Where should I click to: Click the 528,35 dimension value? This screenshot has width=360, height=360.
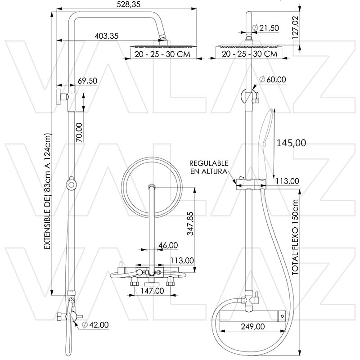tap(128, 4)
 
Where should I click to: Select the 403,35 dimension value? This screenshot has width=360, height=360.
tap(107, 36)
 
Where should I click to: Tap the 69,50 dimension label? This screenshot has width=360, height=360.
tap(87, 81)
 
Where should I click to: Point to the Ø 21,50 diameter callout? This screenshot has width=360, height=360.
tap(265, 28)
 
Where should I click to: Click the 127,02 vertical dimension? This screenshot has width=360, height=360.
tap(295, 27)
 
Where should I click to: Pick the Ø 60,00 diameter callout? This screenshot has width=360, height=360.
tap(273, 80)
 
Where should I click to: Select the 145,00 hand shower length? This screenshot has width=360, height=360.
tap(291, 143)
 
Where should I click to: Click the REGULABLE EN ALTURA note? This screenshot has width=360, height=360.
tap(209, 167)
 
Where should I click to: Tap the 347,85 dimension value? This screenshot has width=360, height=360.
tap(190, 224)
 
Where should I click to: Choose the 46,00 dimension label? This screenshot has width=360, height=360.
tap(168, 245)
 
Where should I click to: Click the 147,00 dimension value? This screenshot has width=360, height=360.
tap(152, 291)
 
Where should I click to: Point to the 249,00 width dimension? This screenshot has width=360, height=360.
tap(253, 326)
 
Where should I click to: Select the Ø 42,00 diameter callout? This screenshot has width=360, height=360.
tap(95, 324)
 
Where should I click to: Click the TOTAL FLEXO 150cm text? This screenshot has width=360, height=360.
tap(295, 238)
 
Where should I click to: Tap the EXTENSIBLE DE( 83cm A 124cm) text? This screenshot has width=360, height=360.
tap(47, 191)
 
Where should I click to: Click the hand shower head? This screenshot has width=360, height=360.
tap(267, 143)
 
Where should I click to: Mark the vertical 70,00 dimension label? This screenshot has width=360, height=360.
tap(79, 132)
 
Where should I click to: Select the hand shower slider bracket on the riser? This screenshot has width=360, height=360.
tap(251, 184)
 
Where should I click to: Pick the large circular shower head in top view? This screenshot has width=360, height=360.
tap(152, 187)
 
